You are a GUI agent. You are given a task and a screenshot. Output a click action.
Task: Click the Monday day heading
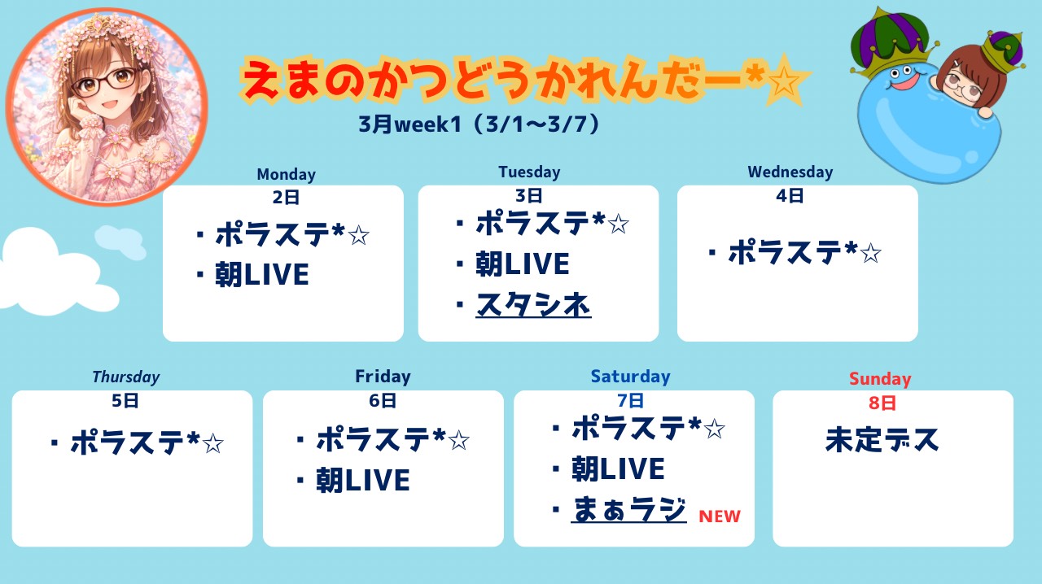286,174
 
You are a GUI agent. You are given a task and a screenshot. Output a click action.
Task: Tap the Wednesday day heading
790,172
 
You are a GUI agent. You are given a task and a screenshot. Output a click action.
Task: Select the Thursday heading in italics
126,377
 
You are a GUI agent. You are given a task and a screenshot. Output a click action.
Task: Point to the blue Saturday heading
630,376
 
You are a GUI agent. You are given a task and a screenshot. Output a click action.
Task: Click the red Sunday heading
880,379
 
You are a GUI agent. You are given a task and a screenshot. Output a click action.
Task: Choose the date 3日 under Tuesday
529,196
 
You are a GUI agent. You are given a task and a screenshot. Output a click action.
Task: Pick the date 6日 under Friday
383,400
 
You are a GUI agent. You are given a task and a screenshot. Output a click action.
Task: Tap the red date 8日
882,403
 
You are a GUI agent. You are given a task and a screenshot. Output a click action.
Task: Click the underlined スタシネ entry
533,305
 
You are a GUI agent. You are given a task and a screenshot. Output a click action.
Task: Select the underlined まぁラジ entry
629,509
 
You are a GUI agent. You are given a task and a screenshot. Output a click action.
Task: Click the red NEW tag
720,516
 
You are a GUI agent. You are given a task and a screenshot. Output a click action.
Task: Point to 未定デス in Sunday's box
882,440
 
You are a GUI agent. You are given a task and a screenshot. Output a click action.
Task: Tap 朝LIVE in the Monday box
262,274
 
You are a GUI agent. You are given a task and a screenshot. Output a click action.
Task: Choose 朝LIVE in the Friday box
363,481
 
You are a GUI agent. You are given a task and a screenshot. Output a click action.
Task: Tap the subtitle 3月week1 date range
479,124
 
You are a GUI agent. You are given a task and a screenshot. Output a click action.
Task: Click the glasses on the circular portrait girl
105,82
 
